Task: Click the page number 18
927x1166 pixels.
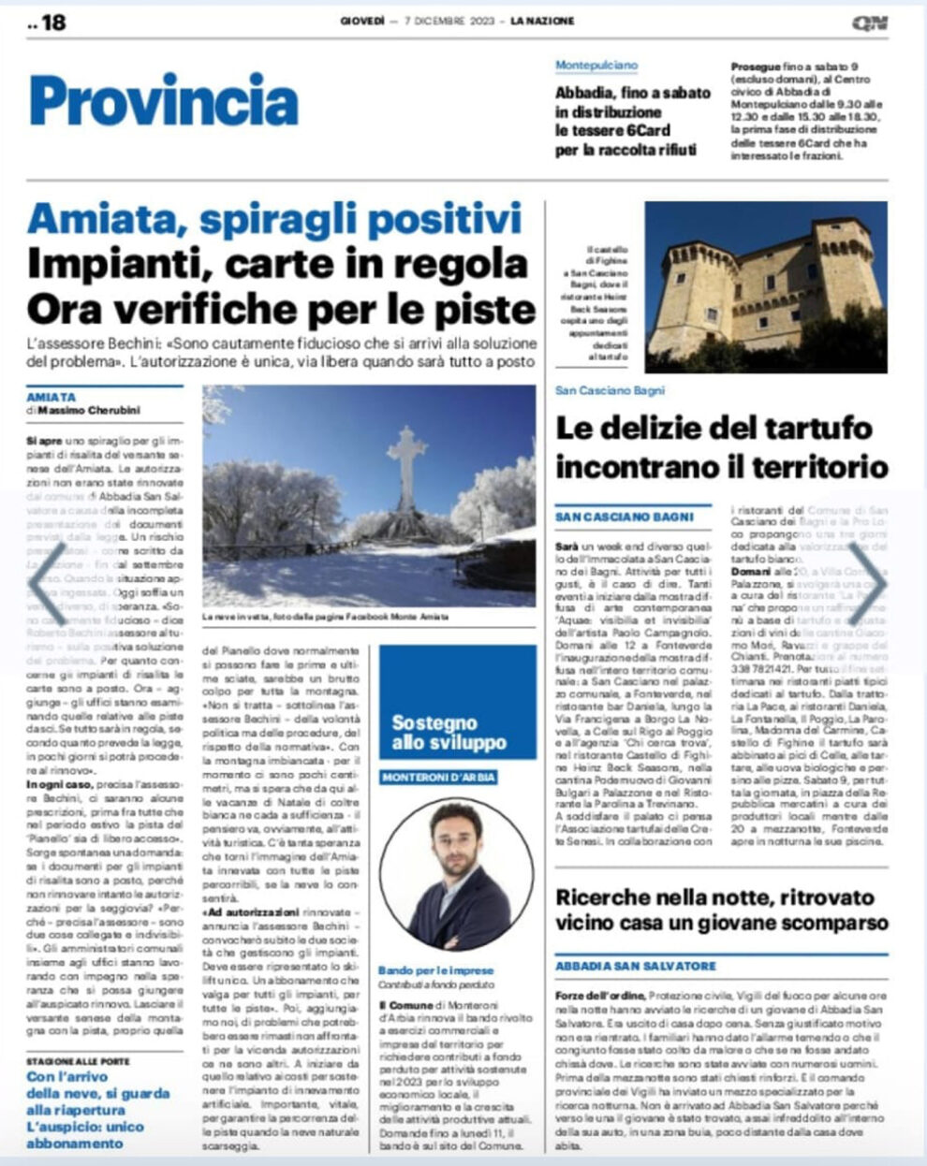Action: [52, 22]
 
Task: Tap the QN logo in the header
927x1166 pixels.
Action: [870, 22]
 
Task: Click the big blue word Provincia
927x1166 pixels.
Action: [164, 100]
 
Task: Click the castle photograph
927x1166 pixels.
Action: [765, 287]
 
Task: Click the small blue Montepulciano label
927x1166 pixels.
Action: [596, 66]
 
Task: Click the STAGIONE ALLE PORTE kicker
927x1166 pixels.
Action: [78, 1061]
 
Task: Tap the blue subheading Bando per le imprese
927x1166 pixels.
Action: [435, 970]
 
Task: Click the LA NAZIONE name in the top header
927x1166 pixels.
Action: [542, 21]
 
